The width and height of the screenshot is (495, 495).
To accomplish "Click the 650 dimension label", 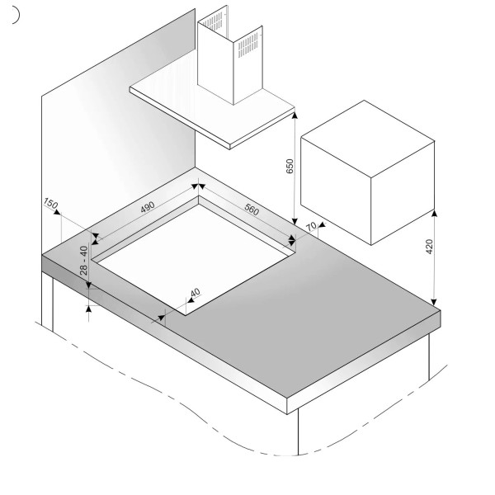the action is tap(290, 166).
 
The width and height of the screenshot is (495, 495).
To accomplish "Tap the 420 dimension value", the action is tap(429, 247).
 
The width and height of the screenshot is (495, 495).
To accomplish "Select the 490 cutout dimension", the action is tap(148, 207).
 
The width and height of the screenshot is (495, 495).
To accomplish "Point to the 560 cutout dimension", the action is tap(252, 210).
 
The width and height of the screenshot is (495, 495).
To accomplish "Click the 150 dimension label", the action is tap(50, 203).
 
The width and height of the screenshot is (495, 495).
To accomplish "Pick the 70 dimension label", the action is tap(311, 226).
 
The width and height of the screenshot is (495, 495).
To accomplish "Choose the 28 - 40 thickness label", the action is tap(83, 261).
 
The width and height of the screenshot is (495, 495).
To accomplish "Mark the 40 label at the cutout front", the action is tap(195, 293).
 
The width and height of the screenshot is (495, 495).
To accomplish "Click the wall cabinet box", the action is tap(367, 172).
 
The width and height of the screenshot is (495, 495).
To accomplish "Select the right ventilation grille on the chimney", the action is tap(248, 45).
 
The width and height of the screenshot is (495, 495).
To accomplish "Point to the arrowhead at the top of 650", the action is tap(295, 115).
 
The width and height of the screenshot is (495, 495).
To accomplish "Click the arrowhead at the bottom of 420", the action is tap(434, 302).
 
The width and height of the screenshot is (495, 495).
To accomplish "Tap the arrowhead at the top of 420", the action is tap(435, 214).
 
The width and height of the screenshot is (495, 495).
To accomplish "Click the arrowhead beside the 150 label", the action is tap(57, 212).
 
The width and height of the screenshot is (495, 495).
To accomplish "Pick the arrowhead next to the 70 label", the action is tap(322, 224).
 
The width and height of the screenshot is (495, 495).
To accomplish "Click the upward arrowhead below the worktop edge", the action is tap(89, 309).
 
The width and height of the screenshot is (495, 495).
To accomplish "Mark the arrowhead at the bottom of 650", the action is tap(295, 221).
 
